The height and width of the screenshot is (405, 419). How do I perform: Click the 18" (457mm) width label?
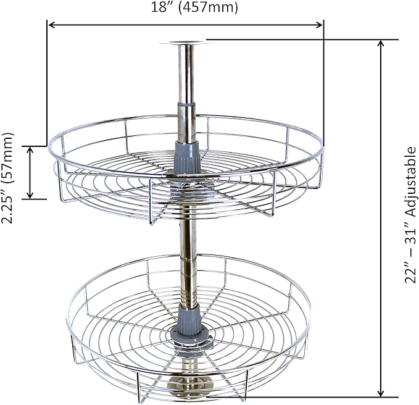(x=194, y=7)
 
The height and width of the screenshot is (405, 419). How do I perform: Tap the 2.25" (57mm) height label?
(x=7, y=178)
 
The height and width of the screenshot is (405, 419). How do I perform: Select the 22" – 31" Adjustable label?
(x=411, y=215)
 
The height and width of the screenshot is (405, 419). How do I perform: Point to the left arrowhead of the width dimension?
(x=52, y=25)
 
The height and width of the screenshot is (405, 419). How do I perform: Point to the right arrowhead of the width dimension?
(x=319, y=25)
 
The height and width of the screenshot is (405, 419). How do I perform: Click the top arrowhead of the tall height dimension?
(x=381, y=43)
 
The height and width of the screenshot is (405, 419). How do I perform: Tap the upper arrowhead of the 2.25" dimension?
(x=30, y=150)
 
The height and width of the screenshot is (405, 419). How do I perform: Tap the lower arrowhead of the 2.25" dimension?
(x=30, y=195)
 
